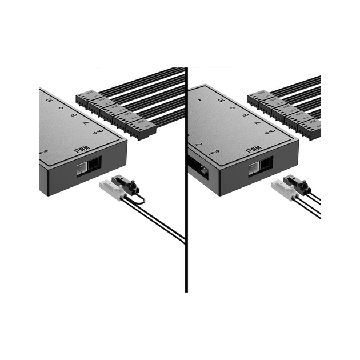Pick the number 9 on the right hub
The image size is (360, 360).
(233, 107)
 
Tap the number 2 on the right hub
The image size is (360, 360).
(198, 145)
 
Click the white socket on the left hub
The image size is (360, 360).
(82, 167)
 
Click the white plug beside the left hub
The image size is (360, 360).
(111, 190)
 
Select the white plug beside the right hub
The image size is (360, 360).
(283, 190)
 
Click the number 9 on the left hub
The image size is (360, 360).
(61, 107)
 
